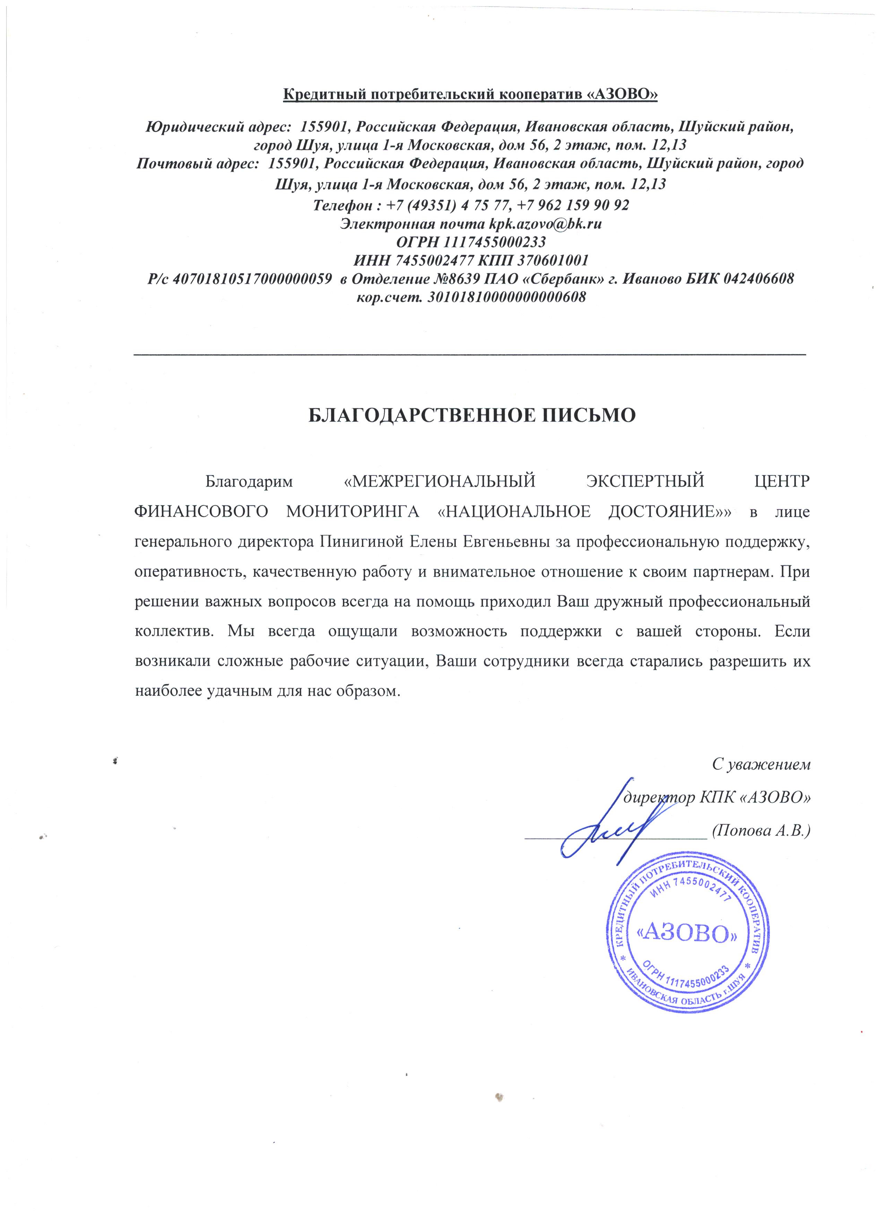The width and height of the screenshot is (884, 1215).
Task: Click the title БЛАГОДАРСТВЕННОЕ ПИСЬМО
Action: click(x=472, y=416)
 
